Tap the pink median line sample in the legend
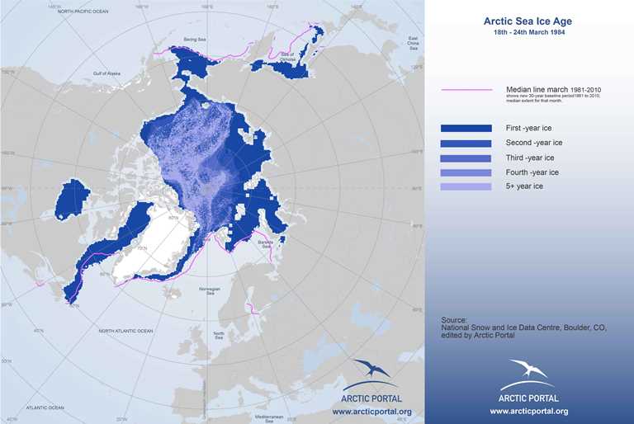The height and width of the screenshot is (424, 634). (x=467, y=90)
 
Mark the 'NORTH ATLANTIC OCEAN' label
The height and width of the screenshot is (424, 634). (x=125, y=331)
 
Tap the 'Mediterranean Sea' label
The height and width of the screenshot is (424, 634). (x=271, y=417)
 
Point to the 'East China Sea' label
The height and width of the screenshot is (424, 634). (x=414, y=44)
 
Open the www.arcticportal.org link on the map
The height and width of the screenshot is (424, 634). (x=371, y=411)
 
